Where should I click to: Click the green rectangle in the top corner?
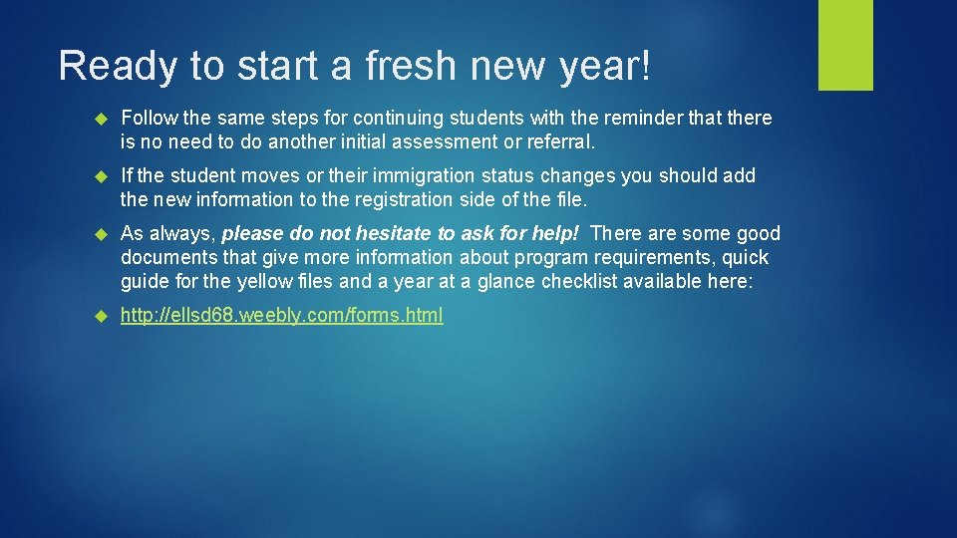coord(845,45)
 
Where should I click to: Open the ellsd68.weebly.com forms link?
coord(282,316)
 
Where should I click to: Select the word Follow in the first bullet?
coord(147,118)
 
